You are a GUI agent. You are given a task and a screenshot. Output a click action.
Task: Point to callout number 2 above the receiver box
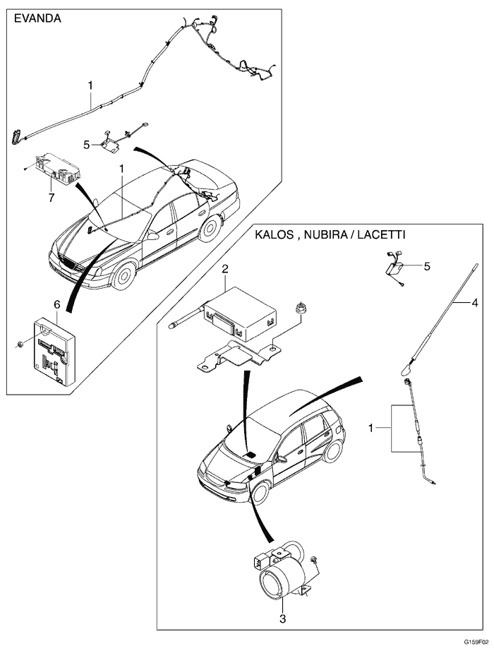point(225,269)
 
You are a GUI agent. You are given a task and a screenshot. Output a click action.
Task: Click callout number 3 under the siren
point(282,619)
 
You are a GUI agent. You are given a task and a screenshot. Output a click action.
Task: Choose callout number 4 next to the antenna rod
point(475,303)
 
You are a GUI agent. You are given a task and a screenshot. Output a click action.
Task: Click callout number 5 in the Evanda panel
point(86,144)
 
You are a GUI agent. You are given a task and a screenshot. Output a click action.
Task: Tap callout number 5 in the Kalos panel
point(426,266)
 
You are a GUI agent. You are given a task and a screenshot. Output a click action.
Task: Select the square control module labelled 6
point(54,350)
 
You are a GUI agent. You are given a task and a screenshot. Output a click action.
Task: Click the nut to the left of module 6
point(18,344)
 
